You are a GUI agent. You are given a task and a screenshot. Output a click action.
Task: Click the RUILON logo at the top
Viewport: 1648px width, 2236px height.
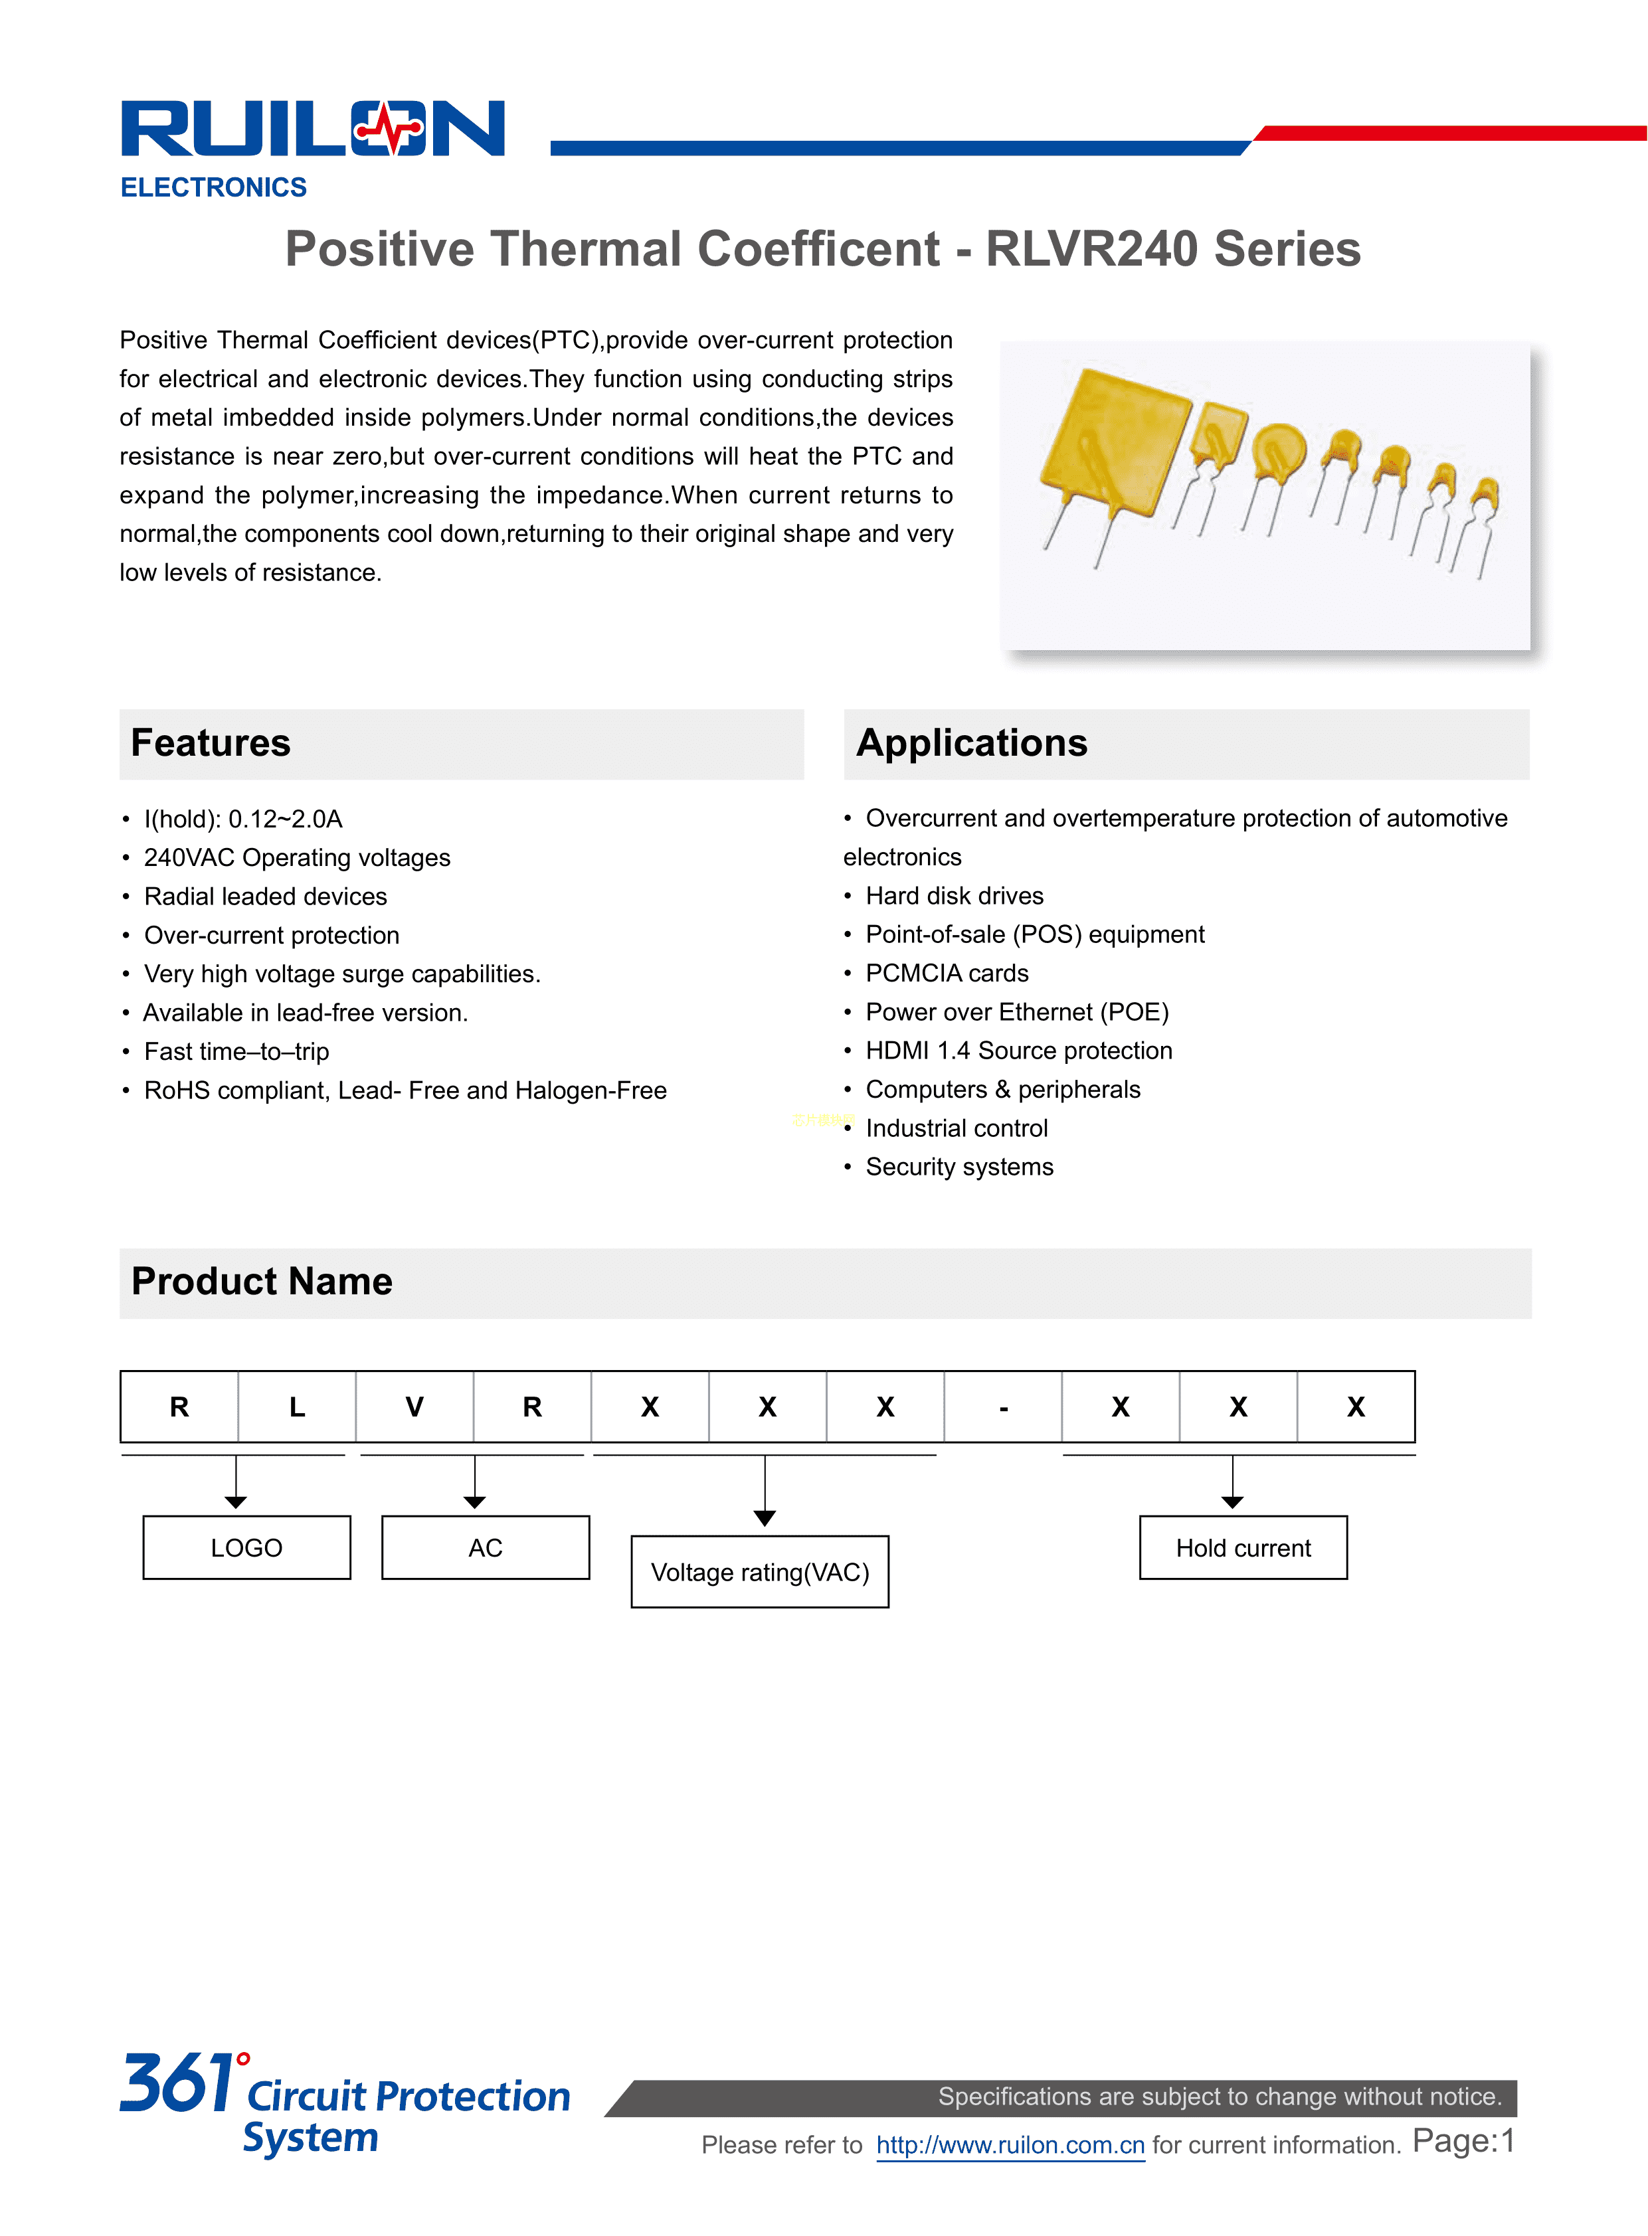point(312,129)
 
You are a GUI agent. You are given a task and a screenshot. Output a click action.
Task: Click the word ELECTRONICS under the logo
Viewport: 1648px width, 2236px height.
point(213,187)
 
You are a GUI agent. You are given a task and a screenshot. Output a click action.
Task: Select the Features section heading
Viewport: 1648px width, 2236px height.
point(211,744)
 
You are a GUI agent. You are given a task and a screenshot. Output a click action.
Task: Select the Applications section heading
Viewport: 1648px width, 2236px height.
point(972,744)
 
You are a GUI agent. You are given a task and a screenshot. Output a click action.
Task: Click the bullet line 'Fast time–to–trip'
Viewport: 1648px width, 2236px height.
point(236,1052)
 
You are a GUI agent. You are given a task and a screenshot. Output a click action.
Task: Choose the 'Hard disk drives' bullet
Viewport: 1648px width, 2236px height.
point(954,897)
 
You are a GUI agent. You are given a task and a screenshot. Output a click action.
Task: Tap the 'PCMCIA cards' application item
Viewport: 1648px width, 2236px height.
point(946,974)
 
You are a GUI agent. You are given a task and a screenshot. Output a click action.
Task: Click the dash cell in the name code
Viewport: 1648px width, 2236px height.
point(1004,1407)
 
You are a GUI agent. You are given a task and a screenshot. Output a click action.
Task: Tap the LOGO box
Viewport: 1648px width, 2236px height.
point(246,1548)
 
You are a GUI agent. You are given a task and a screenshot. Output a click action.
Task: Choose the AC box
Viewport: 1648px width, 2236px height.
point(486,1548)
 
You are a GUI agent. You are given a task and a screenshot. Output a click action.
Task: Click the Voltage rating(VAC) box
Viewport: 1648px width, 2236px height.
point(760,1573)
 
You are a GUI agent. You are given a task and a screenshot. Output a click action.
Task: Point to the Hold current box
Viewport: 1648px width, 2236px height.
point(1243,1548)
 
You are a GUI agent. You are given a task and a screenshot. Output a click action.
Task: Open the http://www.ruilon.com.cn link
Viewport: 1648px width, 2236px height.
point(1010,2145)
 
